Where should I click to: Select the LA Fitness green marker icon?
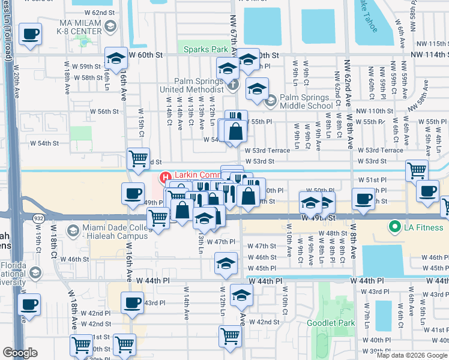394,227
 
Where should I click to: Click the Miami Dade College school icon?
73,231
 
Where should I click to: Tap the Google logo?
20,353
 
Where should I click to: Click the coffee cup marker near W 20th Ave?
30,35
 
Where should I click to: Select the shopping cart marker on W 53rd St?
139,158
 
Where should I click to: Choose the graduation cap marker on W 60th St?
116,58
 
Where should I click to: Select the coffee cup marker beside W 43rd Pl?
133,303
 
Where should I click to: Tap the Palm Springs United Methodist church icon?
234,83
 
